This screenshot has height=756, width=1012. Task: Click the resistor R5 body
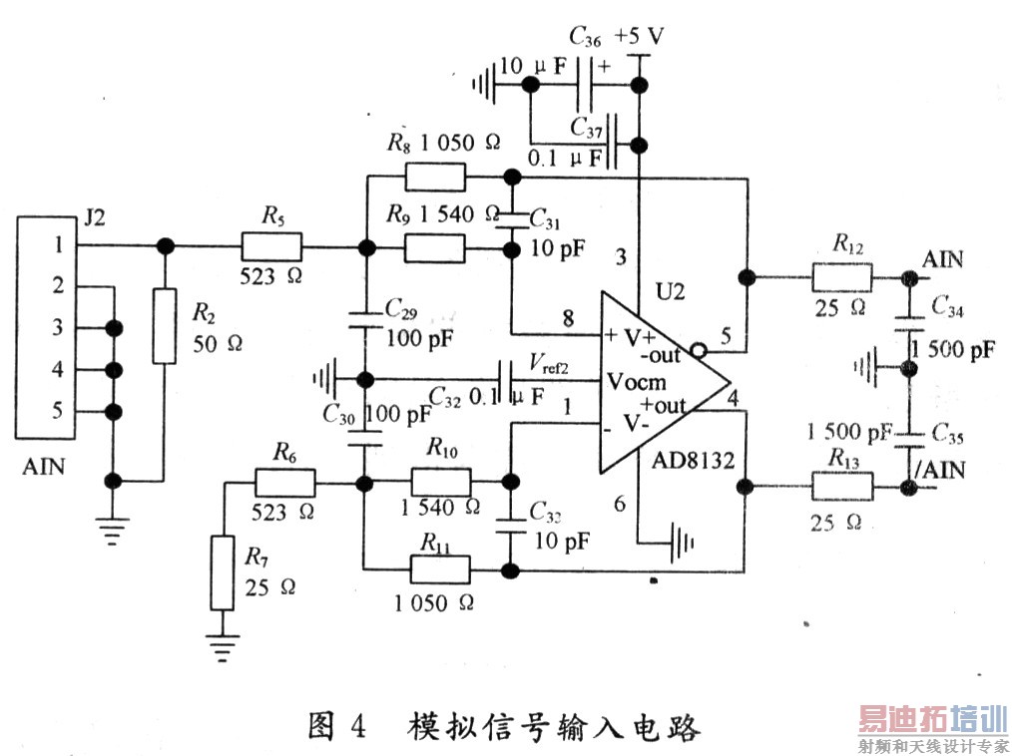point(269,246)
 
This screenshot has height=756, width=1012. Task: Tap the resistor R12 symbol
point(841,276)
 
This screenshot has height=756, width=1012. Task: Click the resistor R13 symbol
point(841,487)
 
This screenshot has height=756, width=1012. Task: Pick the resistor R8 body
point(435,178)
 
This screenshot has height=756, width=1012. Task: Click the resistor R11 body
point(440,570)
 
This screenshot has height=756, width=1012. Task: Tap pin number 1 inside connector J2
point(59,245)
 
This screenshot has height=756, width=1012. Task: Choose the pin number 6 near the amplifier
point(620,505)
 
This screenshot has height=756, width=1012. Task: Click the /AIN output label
point(940,468)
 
